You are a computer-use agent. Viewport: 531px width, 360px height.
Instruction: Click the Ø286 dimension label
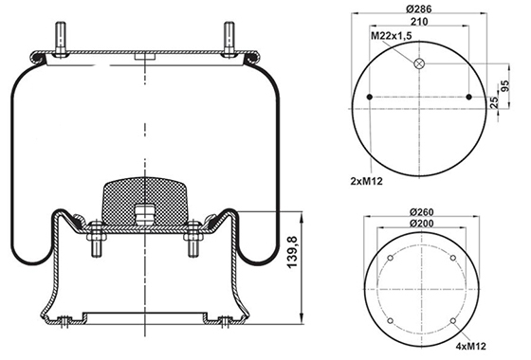419,9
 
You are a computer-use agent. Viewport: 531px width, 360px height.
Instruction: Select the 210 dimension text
419,22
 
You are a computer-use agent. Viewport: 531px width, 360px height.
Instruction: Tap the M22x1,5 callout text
391,36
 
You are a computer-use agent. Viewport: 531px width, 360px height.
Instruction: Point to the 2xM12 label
366,181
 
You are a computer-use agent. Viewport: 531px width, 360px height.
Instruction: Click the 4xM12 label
470,346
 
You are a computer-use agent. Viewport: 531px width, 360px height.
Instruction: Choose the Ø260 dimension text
421,212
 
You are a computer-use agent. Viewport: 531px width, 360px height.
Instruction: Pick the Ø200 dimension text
421,224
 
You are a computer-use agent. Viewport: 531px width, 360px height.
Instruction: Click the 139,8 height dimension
292,252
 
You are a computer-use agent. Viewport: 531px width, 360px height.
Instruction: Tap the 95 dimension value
504,86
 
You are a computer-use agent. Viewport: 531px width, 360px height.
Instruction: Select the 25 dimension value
494,102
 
